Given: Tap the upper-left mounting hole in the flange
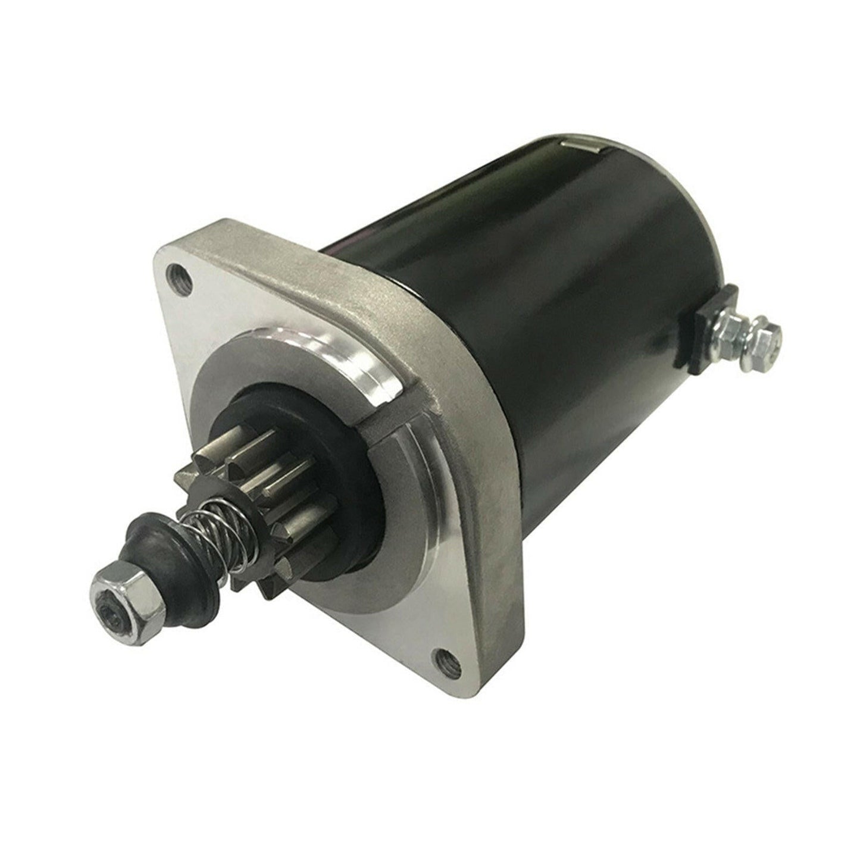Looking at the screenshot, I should point(188,276).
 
